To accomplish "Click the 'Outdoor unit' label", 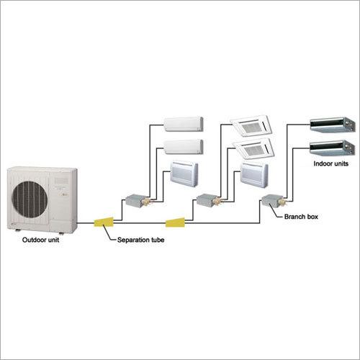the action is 40,240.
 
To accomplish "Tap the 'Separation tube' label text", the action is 141,240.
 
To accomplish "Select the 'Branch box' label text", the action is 301,217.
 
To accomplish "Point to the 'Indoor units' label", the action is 331,163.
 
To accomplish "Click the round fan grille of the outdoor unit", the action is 30,199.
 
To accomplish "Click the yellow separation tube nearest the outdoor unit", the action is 104,222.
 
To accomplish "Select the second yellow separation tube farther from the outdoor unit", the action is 176,222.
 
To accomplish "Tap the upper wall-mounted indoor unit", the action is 184,124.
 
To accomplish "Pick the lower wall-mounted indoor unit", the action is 184,147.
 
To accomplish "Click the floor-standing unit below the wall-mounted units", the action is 184,174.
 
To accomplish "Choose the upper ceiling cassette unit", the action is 252,126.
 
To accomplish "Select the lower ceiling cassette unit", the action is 254,149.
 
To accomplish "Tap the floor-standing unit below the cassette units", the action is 254,175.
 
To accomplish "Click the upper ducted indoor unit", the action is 333,125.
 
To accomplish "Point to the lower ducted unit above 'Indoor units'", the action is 333,148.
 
